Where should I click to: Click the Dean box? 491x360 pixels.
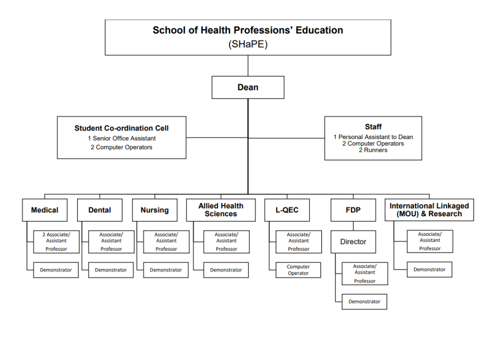click(248, 87)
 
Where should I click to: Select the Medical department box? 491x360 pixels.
click(45, 210)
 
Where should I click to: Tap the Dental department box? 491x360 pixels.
click(100, 210)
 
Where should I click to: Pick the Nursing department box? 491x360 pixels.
click(155, 210)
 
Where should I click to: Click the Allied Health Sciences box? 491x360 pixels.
click(221, 210)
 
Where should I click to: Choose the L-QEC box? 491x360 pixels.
click(287, 210)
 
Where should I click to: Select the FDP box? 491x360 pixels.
click(353, 210)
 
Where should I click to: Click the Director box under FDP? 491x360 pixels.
click(353, 242)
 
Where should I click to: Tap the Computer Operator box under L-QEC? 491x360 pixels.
click(298, 270)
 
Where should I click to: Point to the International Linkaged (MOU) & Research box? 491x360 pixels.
click(429, 210)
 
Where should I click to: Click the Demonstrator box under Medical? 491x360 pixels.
click(56, 270)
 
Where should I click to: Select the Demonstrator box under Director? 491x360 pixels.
click(364, 302)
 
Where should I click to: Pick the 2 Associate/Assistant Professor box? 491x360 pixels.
click(57, 242)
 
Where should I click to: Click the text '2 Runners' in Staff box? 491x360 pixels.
click(373, 150)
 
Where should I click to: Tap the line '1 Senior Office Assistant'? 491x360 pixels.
click(122, 139)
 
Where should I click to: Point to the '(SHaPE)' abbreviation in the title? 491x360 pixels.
click(248, 44)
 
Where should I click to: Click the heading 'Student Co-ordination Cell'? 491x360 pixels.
click(121, 128)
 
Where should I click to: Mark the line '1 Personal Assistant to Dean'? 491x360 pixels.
click(373, 137)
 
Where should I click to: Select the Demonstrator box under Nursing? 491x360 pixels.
click(166, 270)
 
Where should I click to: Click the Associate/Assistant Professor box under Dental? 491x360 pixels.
click(111, 242)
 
